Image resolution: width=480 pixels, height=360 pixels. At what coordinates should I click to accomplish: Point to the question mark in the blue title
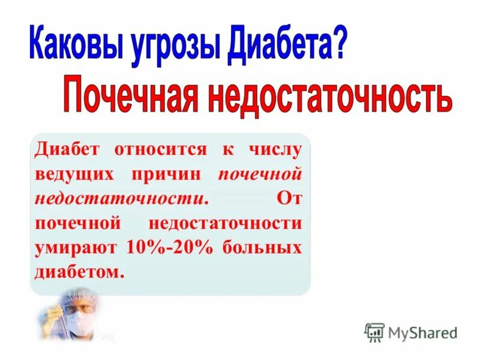337,44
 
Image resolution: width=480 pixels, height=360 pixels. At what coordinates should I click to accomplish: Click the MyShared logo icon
374,332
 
